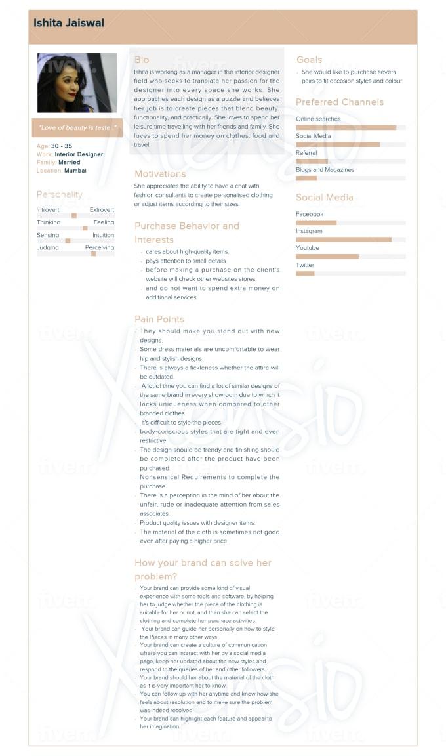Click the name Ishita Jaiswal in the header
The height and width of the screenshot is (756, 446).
pos(69,24)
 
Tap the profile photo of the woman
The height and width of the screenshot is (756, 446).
pos(77,83)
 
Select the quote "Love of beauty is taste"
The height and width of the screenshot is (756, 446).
pos(77,127)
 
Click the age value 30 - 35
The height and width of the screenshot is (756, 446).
pos(62,146)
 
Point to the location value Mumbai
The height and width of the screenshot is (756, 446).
pos(75,171)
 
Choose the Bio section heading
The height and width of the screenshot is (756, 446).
pos(142,60)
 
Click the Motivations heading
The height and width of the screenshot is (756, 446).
pos(160,174)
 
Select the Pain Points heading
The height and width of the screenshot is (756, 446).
pos(159,320)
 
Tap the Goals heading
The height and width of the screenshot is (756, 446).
pos(309,60)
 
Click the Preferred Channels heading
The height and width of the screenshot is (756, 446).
pos(340,102)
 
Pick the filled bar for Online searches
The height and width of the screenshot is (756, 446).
pos(346,127)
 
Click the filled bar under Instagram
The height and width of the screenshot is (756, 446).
pos(343,240)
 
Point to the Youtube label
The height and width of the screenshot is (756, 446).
pos(308,248)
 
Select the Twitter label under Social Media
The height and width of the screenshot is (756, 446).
pos(305,265)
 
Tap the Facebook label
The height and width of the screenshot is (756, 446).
pos(310,214)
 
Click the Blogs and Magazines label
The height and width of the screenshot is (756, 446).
pos(325,170)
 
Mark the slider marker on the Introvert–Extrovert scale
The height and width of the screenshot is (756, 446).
pos(74,215)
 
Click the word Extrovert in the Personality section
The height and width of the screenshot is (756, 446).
pos(102,209)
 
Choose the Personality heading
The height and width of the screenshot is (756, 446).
pos(60,194)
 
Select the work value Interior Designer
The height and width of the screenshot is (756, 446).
pos(79,154)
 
